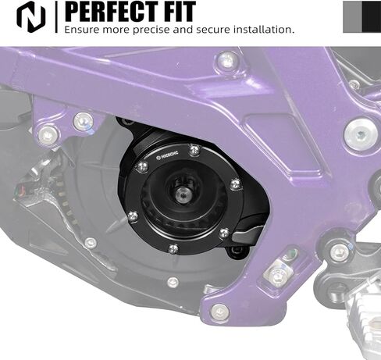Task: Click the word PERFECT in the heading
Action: tap(112, 12)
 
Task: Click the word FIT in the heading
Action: tap(180, 12)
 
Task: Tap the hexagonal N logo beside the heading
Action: tap(31, 17)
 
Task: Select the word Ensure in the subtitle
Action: tap(82, 30)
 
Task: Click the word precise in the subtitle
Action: tap(151, 30)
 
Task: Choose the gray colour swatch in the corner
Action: tap(352, 17)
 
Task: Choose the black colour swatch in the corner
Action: tap(372, 17)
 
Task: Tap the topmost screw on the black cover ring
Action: tap(194, 150)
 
